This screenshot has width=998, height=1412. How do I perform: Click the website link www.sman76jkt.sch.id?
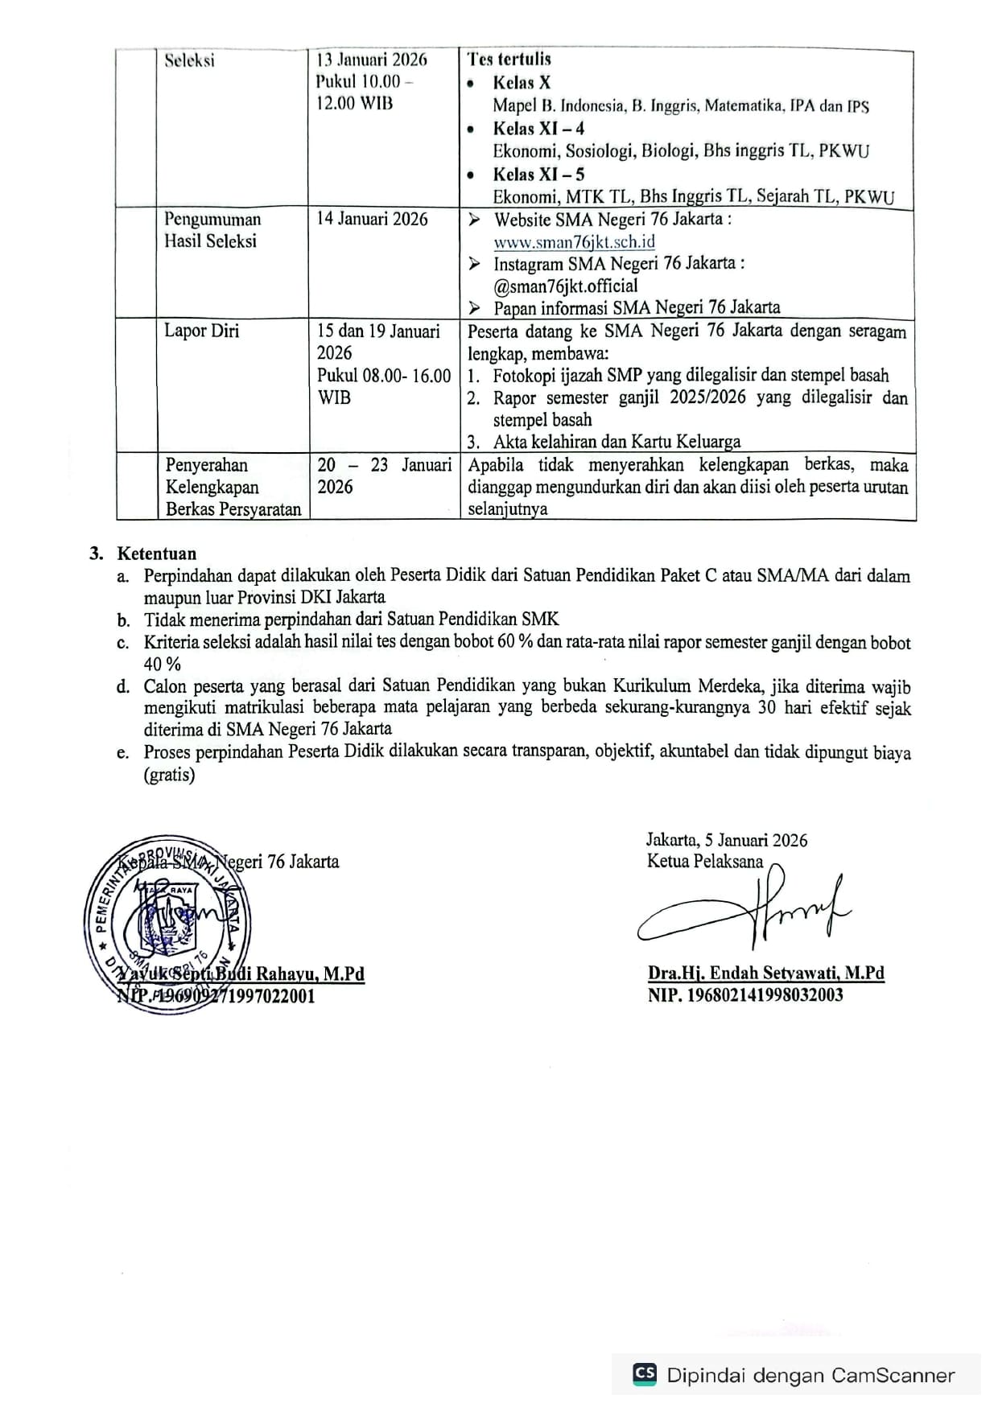pyautogui.click(x=574, y=241)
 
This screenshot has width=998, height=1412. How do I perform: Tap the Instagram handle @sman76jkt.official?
pyautogui.click(x=565, y=286)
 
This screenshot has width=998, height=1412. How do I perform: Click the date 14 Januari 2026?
pyautogui.click(x=372, y=219)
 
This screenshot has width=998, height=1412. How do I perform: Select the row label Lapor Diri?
pyautogui.click(x=201, y=331)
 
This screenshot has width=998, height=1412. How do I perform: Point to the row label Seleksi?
pyautogui.click(x=189, y=60)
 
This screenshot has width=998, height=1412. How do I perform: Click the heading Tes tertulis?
pyautogui.click(x=509, y=59)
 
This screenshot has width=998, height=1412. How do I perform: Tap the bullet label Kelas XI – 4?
pyautogui.click(x=538, y=128)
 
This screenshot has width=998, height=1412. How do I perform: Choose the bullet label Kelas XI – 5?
pyautogui.click(x=538, y=174)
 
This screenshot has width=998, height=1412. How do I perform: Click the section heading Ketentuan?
pyautogui.click(x=156, y=554)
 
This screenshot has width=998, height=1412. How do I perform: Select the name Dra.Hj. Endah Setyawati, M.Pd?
pyautogui.click(x=765, y=973)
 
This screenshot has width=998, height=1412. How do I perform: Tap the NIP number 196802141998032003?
pyautogui.click(x=745, y=995)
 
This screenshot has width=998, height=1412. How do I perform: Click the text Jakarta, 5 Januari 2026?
pyautogui.click(x=727, y=840)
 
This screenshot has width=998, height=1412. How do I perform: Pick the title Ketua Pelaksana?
pyautogui.click(x=705, y=862)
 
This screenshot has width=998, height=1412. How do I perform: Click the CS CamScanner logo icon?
pyautogui.click(x=645, y=1374)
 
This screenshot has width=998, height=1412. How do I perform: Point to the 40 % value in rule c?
pyautogui.click(x=163, y=665)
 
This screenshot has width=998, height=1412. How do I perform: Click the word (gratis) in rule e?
pyautogui.click(x=169, y=775)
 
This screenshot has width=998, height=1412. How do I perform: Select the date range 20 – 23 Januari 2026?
pyautogui.click(x=384, y=475)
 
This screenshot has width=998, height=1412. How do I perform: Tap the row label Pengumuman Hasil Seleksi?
pyautogui.click(x=212, y=230)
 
